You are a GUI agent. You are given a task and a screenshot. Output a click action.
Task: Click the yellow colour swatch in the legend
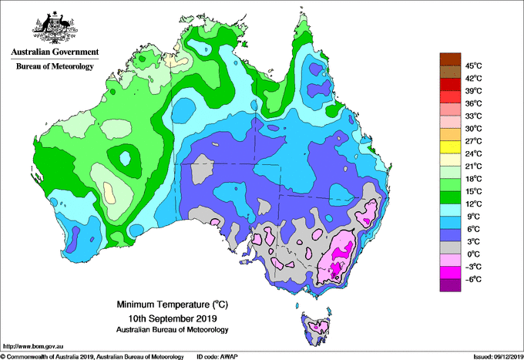coord(449,147)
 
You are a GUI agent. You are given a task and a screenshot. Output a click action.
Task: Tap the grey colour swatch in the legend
coord(449,247)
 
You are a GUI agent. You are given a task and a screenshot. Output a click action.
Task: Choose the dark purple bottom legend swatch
coord(449,285)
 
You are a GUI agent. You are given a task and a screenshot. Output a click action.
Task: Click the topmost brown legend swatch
coord(449,59)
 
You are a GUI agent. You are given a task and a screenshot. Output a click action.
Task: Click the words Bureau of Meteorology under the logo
coord(54,67)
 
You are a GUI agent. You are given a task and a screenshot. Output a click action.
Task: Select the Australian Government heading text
coord(54,52)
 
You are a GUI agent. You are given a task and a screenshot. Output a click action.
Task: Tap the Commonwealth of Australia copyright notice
coord(92,356)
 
